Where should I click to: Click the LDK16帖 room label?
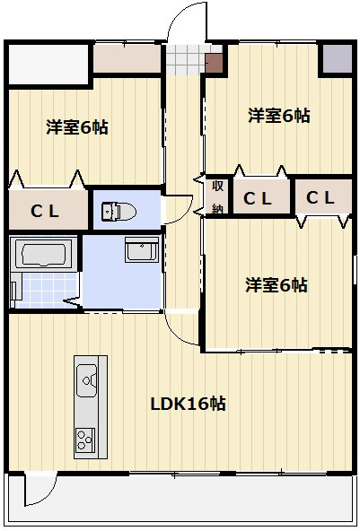(x=189, y=404)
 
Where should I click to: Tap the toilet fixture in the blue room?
(x=119, y=212)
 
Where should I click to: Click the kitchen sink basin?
(x=87, y=380)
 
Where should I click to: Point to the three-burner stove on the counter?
(x=85, y=440)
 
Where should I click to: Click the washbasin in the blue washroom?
(x=142, y=249)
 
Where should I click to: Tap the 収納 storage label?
(x=217, y=197)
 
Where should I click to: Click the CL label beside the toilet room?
(x=45, y=212)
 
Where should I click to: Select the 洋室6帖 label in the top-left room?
(x=77, y=127)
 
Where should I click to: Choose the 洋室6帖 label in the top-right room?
(x=279, y=116)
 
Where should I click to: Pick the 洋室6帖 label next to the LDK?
(x=277, y=285)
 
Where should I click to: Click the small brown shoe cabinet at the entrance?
(x=214, y=63)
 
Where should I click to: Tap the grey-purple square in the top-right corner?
(x=337, y=58)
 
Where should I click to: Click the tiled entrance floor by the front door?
(x=186, y=60)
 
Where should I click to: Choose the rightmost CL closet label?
(x=320, y=197)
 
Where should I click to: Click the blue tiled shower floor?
(x=48, y=290)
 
